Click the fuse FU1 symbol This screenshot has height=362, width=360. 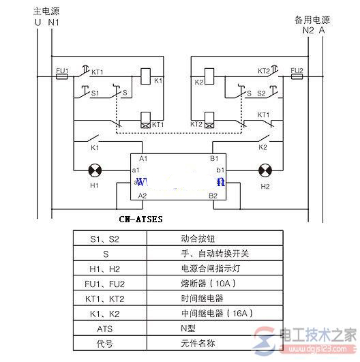click(61, 77)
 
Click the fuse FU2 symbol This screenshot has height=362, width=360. click(297, 77)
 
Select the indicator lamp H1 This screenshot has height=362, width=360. click(94, 170)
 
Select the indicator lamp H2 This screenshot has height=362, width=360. click(265, 170)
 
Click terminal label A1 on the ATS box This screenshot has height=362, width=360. click(142, 157)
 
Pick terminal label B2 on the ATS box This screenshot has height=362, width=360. click(213, 196)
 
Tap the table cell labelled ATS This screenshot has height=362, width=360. click(104, 327)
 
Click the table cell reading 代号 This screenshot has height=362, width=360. click(104, 342)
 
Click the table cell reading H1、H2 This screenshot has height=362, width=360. click(104, 268)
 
